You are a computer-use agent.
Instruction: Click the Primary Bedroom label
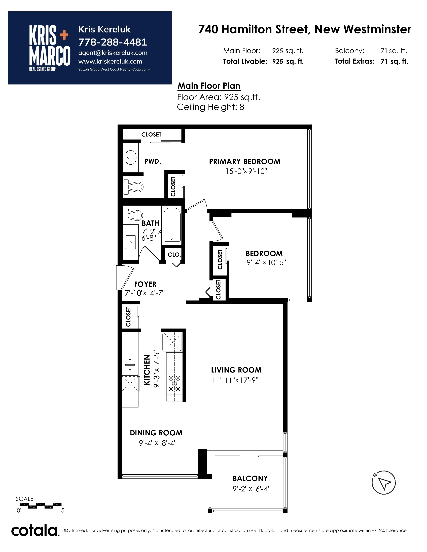245,162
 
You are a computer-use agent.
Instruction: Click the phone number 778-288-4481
113,42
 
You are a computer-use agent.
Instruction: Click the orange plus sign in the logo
64,35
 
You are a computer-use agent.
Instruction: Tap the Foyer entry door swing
125,278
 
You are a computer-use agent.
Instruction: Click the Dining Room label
156,433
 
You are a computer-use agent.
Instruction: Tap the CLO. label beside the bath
174,255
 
